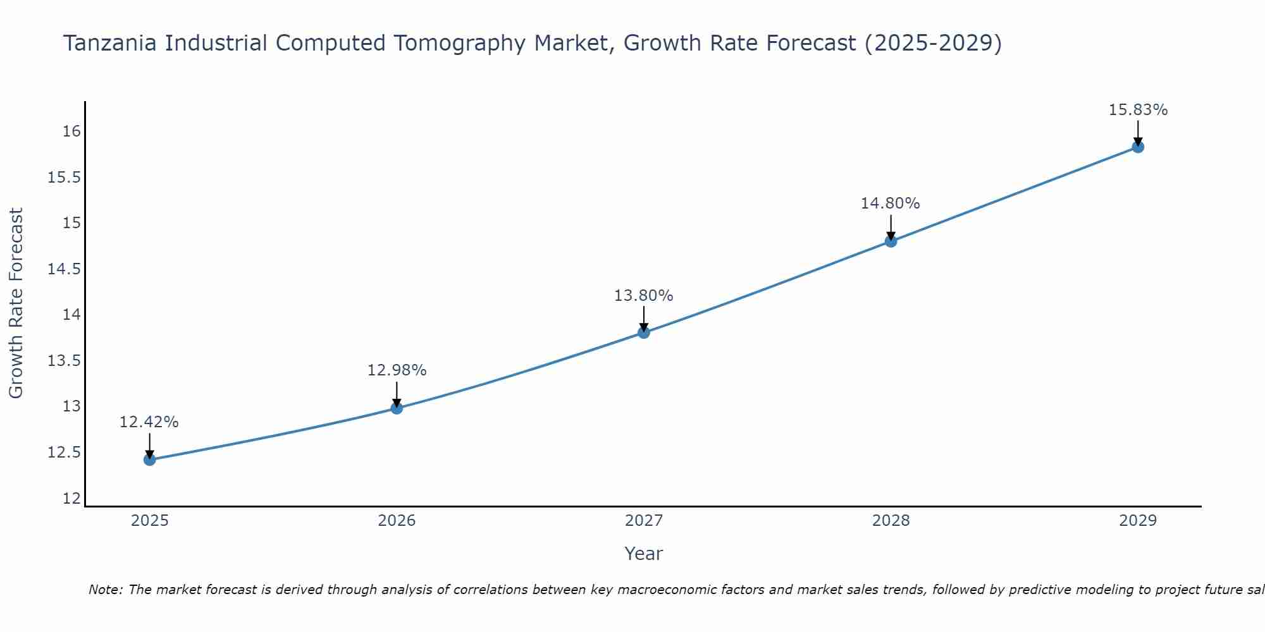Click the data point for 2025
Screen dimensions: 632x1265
click(150, 459)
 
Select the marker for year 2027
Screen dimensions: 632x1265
click(644, 332)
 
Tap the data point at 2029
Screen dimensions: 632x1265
click(1138, 147)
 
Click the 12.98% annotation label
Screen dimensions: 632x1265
click(397, 370)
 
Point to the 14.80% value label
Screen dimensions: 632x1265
click(890, 204)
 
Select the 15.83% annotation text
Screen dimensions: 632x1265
click(1138, 110)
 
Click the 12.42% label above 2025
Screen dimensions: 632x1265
click(149, 422)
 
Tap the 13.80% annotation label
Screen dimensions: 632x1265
click(643, 296)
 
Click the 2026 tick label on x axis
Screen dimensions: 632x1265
click(397, 521)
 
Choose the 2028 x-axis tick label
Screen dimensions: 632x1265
click(891, 521)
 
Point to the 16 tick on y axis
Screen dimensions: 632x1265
click(71, 131)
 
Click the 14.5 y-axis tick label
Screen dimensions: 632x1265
click(65, 269)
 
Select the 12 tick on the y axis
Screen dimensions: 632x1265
click(71, 499)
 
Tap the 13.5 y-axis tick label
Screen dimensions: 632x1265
click(65, 361)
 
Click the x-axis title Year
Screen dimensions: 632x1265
click(643, 554)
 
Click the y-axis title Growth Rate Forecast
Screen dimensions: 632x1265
click(16, 303)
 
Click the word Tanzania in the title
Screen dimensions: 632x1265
click(109, 43)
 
